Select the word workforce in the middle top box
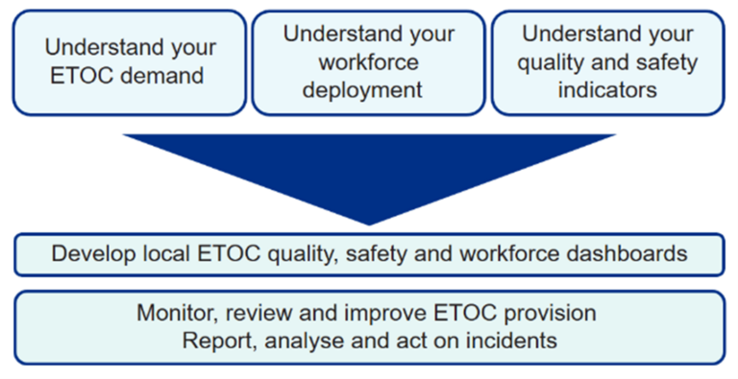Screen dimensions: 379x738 369,62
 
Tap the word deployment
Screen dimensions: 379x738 369,90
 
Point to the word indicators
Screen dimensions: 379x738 607,90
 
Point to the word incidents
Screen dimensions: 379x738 517,340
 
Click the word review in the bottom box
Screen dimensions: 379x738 249,313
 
